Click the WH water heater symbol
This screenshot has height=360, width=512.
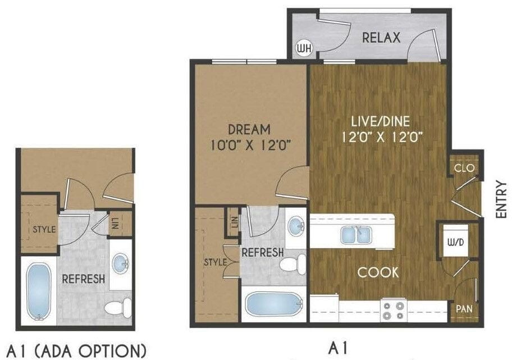[x=303, y=49]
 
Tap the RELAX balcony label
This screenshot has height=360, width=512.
[x=381, y=38]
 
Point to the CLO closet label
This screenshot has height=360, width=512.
[x=464, y=168]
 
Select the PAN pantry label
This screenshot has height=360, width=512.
[x=464, y=309]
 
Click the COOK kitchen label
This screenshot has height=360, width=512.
[x=379, y=272]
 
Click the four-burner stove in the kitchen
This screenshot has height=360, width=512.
[x=394, y=310]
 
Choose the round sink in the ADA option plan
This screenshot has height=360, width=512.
[x=120, y=263]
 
